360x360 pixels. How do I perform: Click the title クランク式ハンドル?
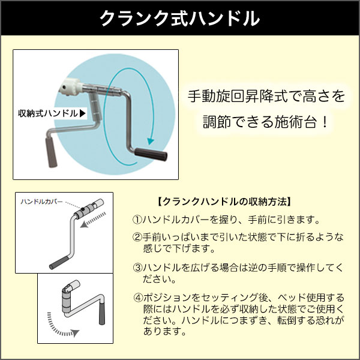179,19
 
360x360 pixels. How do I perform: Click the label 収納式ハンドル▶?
53,112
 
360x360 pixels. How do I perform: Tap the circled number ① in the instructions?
137,220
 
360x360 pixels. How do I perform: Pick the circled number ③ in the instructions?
137,268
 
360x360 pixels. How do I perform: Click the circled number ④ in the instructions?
137,298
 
